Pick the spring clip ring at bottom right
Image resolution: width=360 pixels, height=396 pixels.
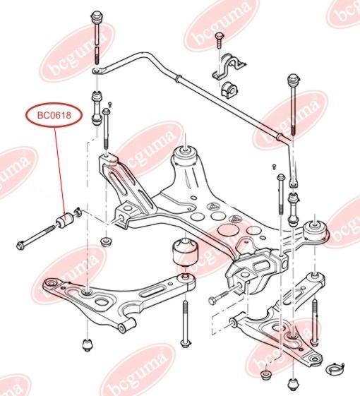[337, 367]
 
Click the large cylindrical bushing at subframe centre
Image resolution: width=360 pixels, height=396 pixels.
[184, 255]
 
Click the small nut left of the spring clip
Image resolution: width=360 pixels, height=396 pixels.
[267, 373]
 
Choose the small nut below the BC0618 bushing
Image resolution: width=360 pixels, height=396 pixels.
[106, 243]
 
